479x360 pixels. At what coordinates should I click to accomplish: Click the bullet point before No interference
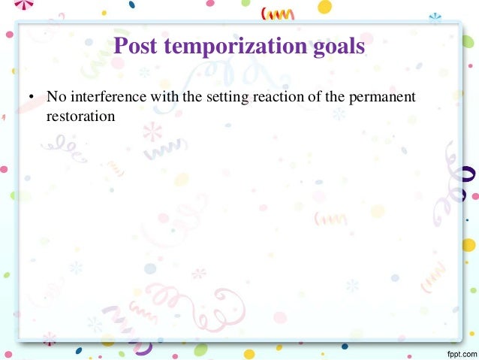tap(31, 98)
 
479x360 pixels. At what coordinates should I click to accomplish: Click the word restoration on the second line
tap(79, 116)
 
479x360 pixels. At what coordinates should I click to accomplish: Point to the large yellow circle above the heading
tap(324, 7)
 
